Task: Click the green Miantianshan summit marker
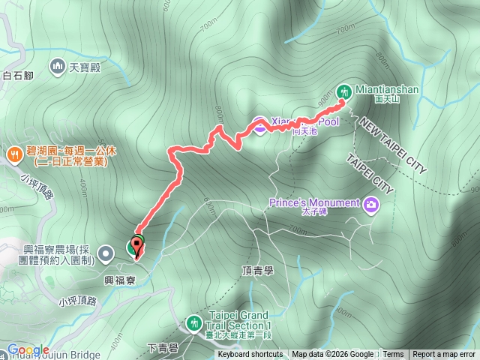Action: [345, 90]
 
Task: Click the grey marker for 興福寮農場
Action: [106, 253]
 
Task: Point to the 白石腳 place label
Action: [18, 75]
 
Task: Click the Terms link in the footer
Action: [393, 355]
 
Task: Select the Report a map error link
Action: [444, 355]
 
